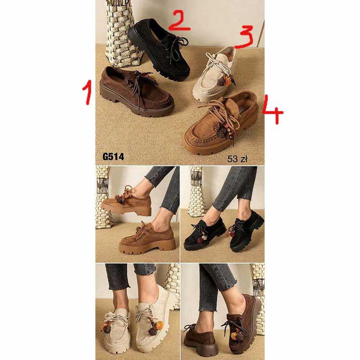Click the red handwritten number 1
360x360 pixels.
tap(87, 92)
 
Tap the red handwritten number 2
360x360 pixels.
tap(179, 21)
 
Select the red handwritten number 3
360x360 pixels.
tap(244, 37)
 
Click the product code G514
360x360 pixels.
tap(113, 157)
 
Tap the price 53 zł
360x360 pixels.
tap(237, 159)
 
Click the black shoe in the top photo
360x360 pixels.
tap(160, 49)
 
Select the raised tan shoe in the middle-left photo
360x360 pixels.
tap(126, 202)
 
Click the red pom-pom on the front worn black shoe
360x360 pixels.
tap(200, 240)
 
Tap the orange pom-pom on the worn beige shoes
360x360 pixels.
tap(159, 324)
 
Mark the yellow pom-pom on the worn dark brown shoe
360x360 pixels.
tap(234, 336)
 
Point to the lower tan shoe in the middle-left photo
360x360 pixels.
tap(148, 239)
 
